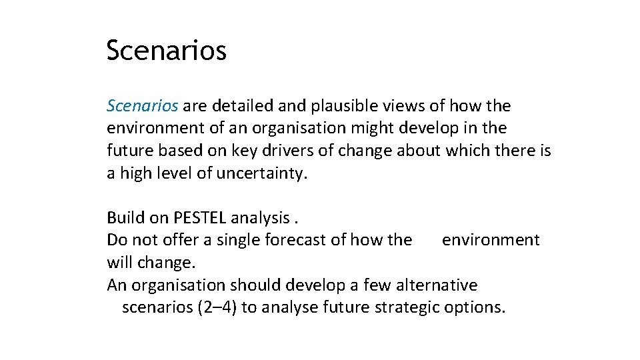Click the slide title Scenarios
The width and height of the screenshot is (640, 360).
coord(166,51)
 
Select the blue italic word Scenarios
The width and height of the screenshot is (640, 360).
coord(142,105)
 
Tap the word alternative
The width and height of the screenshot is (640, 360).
coord(437,285)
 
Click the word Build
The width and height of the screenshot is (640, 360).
coord(123,217)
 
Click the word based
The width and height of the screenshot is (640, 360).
coord(181,151)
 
